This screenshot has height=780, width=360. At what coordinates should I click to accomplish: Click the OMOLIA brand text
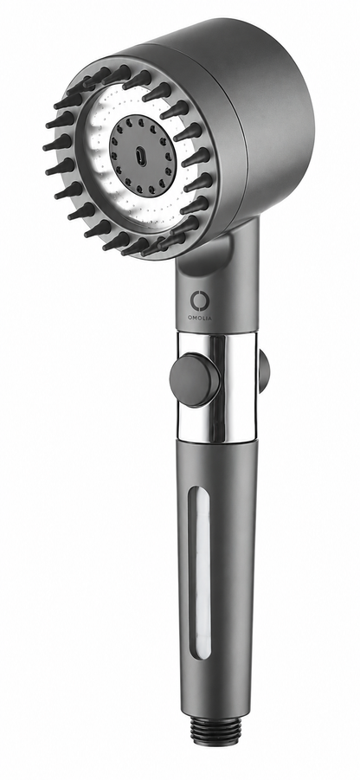pyautogui.click(x=199, y=318)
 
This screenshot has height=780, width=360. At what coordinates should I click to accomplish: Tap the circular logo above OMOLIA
pyautogui.click(x=199, y=301)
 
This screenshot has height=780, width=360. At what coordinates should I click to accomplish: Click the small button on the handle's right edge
pyautogui.click(x=264, y=371)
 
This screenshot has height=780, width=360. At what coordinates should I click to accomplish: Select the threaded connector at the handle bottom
pyautogui.click(x=215, y=732)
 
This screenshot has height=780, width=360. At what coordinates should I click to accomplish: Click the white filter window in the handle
pyautogui.click(x=200, y=572)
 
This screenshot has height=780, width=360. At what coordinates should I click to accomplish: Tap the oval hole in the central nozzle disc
pyautogui.click(x=141, y=158)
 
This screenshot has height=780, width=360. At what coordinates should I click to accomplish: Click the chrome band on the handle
pyautogui.click(x=217, y=388)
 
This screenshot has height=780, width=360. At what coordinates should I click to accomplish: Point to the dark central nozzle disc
pyautogui.click(x=142, y=157)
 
